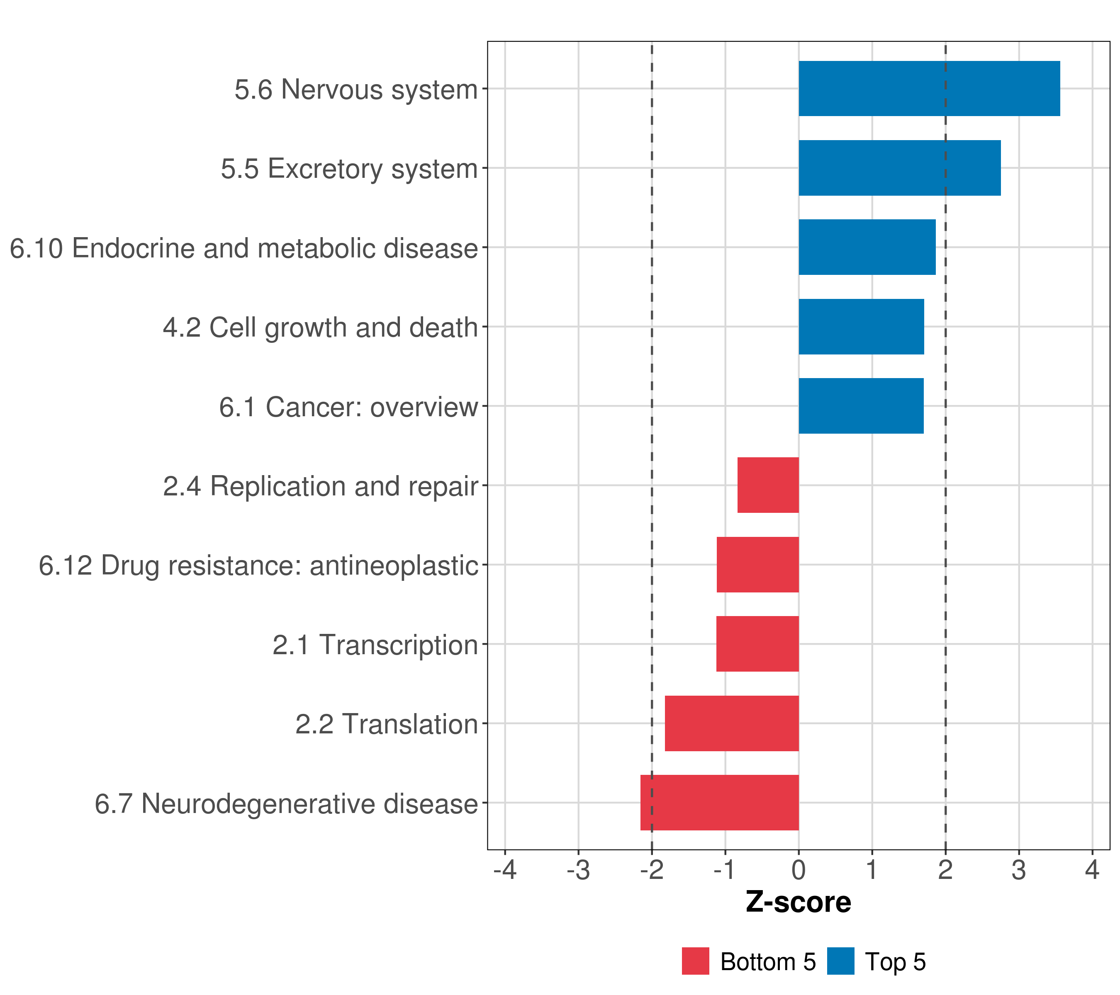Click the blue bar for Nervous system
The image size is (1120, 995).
click(x=929, y=89)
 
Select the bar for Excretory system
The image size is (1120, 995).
click(x=899, y=168)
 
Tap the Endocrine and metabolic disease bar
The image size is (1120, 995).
click(x=867, y=247)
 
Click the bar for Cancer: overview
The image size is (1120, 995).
click(x=861, y=406)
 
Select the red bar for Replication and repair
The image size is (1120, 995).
click(x=768, y=485)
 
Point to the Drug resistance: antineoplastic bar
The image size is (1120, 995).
click(x=757, y=565)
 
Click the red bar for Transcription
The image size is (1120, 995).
click(x=757, y=644)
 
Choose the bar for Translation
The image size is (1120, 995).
click(x=731, y=723)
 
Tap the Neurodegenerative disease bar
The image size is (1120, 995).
click(x=719, y=803)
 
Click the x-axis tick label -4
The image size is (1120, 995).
click(x=505, y=870)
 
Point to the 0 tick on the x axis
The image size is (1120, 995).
click(x=799, y=870)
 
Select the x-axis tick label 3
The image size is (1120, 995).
click(x=1019, y=870)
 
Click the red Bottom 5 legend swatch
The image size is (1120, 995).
click(x=695, y=961)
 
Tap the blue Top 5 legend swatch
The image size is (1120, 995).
click(x=840, y=961)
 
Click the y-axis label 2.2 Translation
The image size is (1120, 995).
click(x=386, y=724)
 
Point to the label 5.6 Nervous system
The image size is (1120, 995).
click(x=356, y=89)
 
